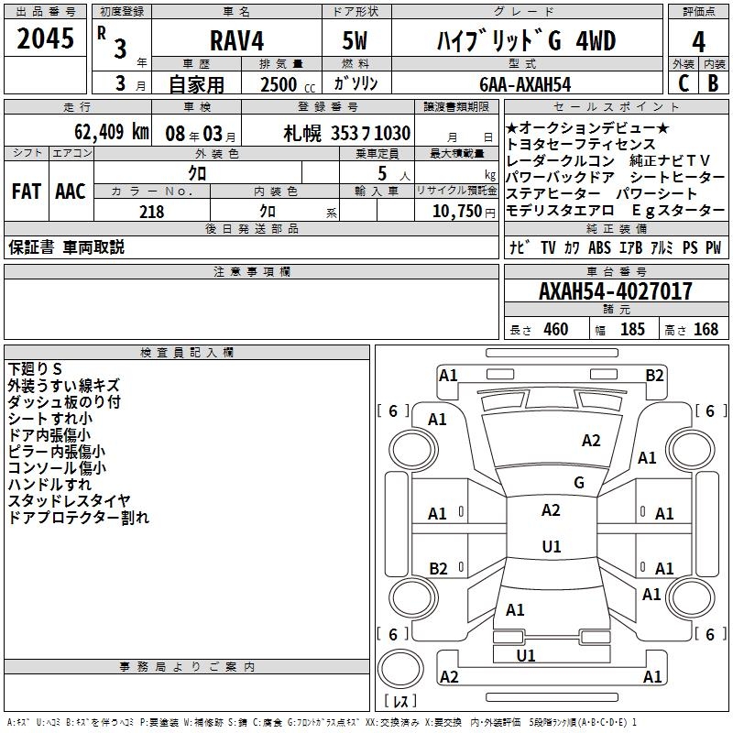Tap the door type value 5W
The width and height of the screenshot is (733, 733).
[x=355, y=41]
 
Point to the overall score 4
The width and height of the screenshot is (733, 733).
[x=698, y=41]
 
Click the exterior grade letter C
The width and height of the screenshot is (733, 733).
[x=683, y=83]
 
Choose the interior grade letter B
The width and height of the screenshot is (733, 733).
[x=713, y=83]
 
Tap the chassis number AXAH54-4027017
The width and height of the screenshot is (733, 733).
[x=615, y=292]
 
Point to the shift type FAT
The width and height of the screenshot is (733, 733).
[x=26, y=191]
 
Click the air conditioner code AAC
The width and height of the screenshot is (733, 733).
[x=71, y=191]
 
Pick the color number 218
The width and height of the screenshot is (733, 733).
[x=151, y=212]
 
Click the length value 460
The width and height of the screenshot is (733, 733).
[x=555, y=330]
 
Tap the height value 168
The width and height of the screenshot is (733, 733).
[x=706, y=330]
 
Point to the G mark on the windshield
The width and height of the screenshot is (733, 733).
[x=579, y=483]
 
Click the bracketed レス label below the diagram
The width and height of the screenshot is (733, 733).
[x=400, y=702]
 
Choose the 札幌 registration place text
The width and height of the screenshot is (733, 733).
[x=301, y=133]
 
